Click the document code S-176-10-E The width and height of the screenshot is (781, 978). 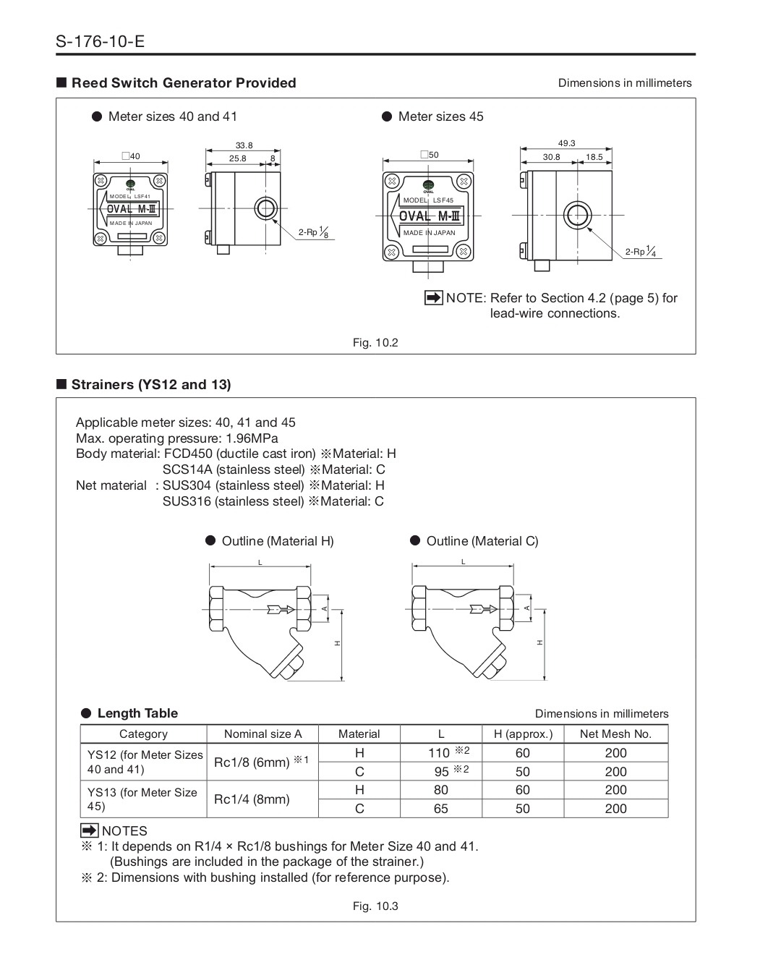(x=100, y=41)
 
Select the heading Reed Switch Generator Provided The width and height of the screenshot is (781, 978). (x=184, y=83)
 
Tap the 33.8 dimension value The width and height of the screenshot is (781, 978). (x=244, y=145)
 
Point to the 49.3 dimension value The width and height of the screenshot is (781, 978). (x=566, y=143)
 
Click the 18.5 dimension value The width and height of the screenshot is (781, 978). (x=594, y=157)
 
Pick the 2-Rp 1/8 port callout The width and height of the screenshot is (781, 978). (x=314, y=233)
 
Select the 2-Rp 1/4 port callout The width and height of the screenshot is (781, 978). (x=641, y=252)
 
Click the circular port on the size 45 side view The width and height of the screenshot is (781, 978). (x=577, y=215)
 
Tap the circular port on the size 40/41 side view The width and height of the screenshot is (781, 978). (x=265, y=208)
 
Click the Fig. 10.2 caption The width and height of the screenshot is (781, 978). (x=375, y=343)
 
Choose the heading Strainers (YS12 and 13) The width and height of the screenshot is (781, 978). (x=151, y=385)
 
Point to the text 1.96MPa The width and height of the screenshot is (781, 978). (x=252, y=438)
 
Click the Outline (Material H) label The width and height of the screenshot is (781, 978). (x=277, y=541)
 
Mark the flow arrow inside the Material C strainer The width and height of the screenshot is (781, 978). (x=482, y=608)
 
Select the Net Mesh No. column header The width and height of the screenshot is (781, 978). (x=615, y=734)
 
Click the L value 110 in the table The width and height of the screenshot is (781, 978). (x=439, y=753)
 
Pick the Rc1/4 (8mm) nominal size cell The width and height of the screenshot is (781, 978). (x=252, y=799)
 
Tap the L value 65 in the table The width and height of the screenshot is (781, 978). (x=441, y=809)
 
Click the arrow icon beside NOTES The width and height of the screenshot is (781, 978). (x=89, y=830)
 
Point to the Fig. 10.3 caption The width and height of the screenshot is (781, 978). (x=375, y=906)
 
